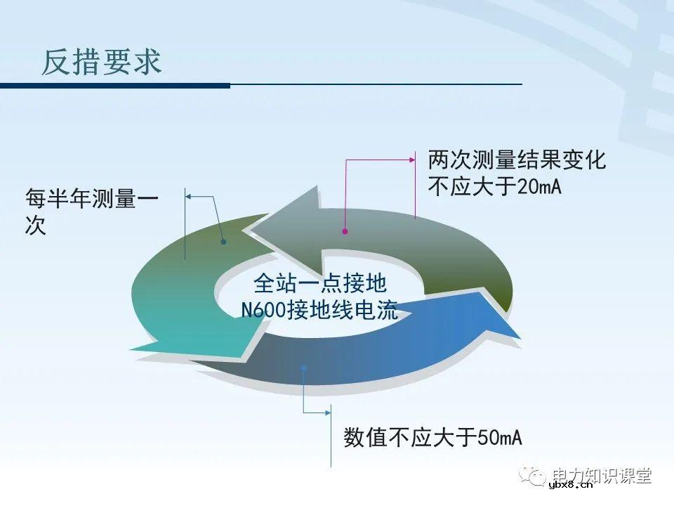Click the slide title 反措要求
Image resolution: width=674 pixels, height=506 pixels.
tap(102, 62)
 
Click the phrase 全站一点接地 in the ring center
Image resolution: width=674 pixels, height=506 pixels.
tap(319, 283)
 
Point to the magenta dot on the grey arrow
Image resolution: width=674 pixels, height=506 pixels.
tap(345, 231)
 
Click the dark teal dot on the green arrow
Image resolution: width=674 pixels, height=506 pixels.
tap(223, 242)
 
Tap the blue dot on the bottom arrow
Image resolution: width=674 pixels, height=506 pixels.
tap(303, 365)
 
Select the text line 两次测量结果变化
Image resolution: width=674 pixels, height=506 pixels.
tap(517, 161)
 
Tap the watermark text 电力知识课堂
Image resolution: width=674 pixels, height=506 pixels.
tap(602, 476)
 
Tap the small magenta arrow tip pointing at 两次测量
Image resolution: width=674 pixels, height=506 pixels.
tap(413, 160)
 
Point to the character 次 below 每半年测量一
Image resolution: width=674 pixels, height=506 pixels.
tap(35, 226)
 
